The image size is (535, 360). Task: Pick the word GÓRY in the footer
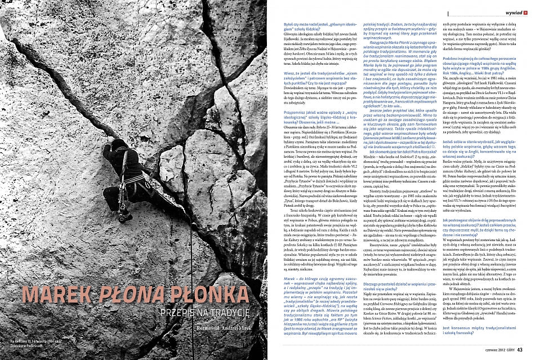pyautogui.click(x=505, y=348)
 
